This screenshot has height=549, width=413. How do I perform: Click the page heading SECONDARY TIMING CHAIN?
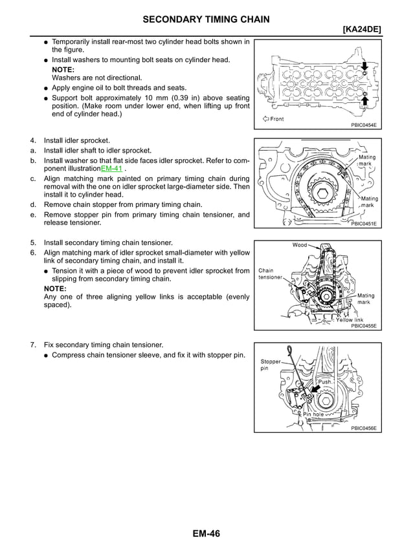click(206, 20)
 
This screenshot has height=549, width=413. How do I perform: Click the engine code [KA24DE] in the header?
click(357, 30)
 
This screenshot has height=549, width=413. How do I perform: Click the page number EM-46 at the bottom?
click(206, 533)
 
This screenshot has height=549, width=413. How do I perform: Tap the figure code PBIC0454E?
click(363, 125)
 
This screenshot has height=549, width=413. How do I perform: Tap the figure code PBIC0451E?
click(363, 224)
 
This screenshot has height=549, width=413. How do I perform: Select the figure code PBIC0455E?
click(363, 326)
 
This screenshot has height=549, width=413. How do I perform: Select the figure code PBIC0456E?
click(363, 428)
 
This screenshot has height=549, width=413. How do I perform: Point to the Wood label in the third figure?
click(300, 245)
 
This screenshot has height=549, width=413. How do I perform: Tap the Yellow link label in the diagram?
click(350, 319)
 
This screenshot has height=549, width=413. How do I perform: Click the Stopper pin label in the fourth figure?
click(270, 365)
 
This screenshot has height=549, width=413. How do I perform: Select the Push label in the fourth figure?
click(324, 382)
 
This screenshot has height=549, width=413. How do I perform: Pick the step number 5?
click(32, 242)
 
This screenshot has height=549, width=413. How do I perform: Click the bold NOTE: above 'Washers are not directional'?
click(63, 69)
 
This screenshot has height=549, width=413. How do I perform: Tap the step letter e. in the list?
click(32, 214)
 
